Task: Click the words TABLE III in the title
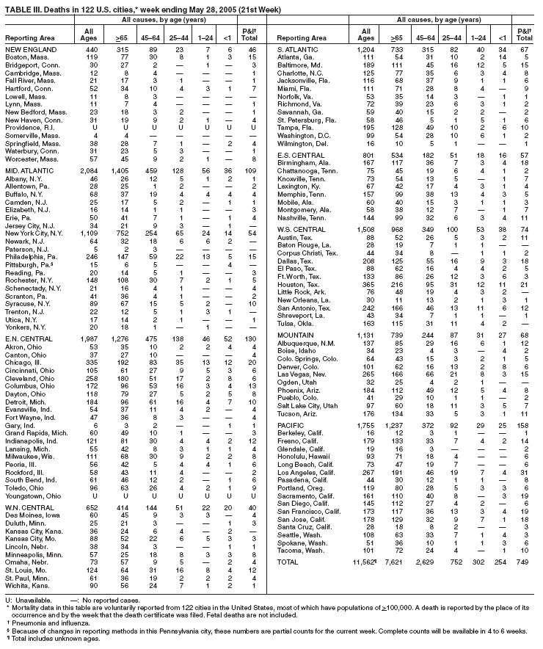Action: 22,5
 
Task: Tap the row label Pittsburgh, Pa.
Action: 27,265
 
